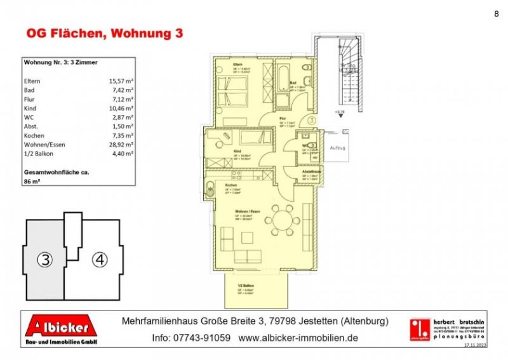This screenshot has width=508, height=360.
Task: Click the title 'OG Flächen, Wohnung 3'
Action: coord(104,34)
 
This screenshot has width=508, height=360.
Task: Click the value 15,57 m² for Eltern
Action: coord(121,81)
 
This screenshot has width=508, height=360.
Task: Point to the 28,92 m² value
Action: coord(121,145)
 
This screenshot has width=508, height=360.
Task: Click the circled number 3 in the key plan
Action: coord(43,258)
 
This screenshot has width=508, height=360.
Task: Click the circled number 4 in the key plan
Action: coord(98,258)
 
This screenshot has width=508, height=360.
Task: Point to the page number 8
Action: coord(495,13)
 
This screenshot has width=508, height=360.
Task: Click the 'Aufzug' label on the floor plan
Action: coord(337,147)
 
